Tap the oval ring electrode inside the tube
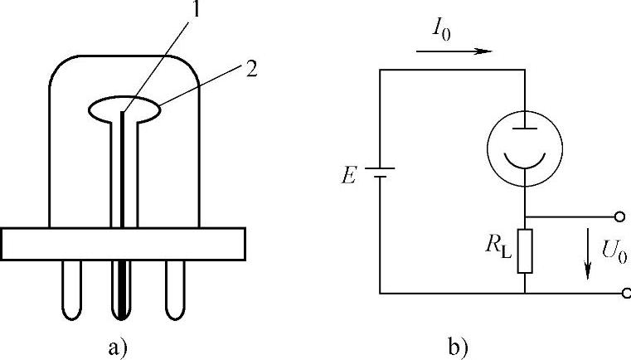pos(125,109)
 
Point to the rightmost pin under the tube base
pos(175,290)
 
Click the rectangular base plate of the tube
pos(124,243)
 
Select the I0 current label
pos(441,32)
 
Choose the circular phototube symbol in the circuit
pos(527,136)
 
